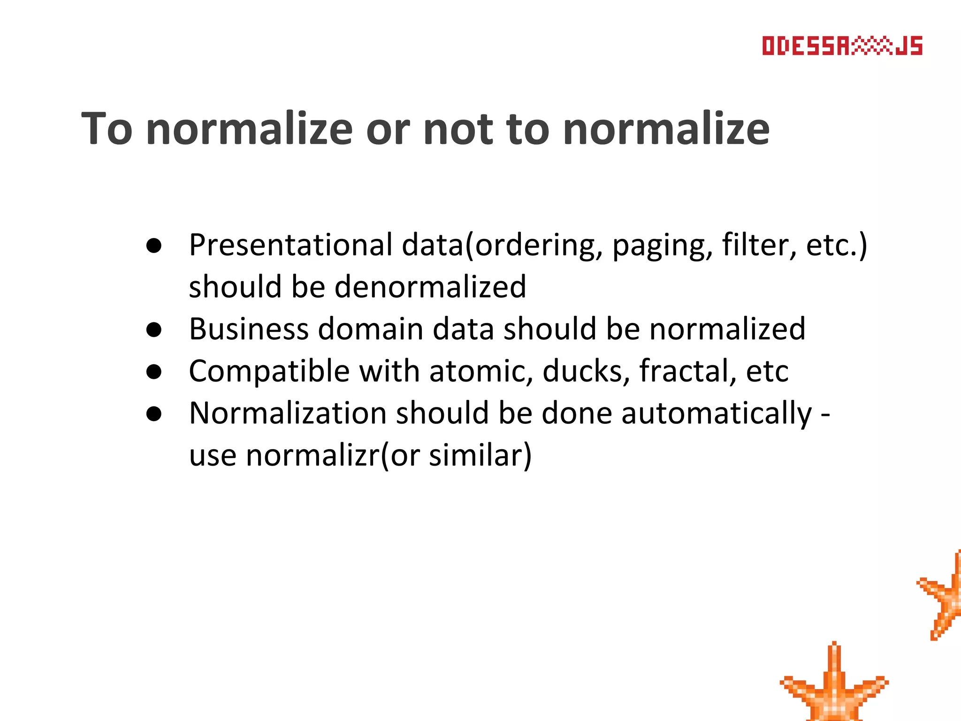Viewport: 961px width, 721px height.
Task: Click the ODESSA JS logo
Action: (842, 46)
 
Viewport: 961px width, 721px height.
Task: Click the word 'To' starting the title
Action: (107, 129)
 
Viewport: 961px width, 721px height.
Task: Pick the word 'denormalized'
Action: (430, 287)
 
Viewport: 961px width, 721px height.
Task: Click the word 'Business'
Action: (249, 329)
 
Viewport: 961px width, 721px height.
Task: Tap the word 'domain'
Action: (371, 329)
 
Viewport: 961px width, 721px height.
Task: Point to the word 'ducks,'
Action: (586, 371)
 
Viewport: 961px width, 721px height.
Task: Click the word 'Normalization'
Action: (288, 413)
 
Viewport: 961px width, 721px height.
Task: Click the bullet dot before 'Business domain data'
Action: (154, 330)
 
